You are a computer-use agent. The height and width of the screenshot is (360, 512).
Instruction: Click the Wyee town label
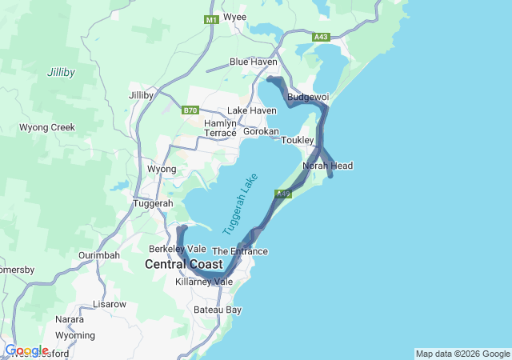click(234, 17)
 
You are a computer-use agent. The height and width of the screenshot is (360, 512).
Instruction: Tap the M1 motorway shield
click(211, 19)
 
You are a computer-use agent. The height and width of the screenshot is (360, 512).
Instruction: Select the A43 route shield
click(321, 37)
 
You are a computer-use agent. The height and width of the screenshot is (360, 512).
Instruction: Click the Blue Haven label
click(254, 62)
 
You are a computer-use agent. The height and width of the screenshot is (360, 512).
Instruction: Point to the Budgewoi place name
click(308, 97)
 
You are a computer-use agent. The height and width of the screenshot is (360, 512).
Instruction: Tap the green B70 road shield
click(190, 110)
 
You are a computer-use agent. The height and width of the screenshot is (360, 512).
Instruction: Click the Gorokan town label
click(261, 131)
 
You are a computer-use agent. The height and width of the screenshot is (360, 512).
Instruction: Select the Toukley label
click(298, 140)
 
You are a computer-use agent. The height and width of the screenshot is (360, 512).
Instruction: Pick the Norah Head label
click(327, 166)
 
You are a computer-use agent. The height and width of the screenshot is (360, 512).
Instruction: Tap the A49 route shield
click(283, 194)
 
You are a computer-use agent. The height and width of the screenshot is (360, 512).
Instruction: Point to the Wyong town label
click(162, 170)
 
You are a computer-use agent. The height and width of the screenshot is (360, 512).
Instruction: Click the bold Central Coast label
click(183, 264)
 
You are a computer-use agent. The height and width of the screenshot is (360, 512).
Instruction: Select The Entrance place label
click(239, 251)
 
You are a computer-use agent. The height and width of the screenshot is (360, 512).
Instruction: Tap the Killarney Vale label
click(204, 282)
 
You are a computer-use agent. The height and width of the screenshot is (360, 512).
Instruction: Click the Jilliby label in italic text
click(61, 72)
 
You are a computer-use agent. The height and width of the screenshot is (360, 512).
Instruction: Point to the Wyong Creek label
click(47, 127)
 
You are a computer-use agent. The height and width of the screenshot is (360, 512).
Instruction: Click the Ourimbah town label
click(99, 255)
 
